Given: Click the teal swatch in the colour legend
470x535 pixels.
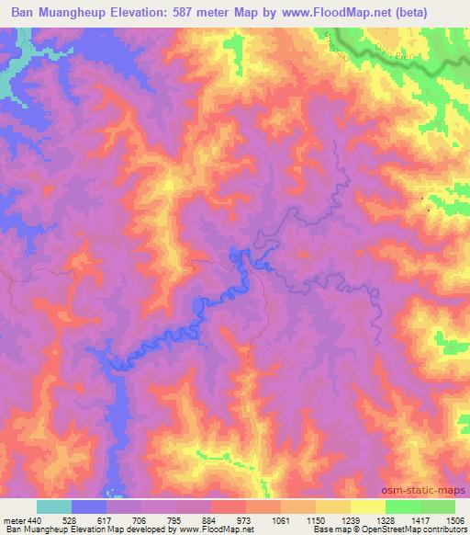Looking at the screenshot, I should [53, 507].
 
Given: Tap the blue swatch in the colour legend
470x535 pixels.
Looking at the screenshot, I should [89, 507].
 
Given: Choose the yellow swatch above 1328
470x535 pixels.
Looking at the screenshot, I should [368, 507].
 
